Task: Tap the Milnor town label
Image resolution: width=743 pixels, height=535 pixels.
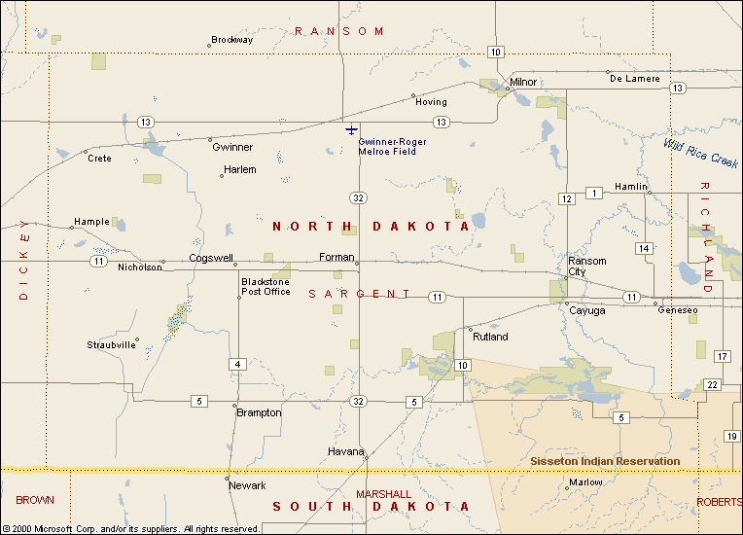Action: pyautogui.click(x=523, y=82)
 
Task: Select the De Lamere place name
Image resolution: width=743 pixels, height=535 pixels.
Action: pyautogui.click(x=635, y=79)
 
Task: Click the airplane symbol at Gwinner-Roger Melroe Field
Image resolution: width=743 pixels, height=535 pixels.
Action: pyautogui.click(x=351, y=129)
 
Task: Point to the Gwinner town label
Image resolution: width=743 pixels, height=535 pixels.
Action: pyautogui.click(x=232, y=148)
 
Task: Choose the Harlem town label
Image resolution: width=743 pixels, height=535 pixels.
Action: pyautogui.click(x=239, y=169)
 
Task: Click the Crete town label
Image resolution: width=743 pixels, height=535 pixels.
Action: pyautogui.click(x=99, y=159)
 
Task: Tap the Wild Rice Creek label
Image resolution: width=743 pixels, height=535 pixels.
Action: pyautogui.click(x=702, y=152)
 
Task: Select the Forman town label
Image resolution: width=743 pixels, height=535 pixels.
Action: pyautogui.click(x=336, y=258)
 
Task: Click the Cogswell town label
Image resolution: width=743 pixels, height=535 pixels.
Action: pyautogui.click(x=211, y=259)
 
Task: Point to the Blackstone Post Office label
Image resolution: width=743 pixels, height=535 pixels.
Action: pyautogui.click(x=265, y=287)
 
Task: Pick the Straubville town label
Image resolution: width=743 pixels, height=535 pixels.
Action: pyautogui.click(x=111, y=345)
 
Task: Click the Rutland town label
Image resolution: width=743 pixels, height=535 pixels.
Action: pyautogui.click(x=490, y=338)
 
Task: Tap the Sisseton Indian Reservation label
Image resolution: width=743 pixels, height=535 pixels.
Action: pyautogui.click(x=605, y=461)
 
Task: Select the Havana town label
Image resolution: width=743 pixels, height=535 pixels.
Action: pyautogui.click(x=345, y=452)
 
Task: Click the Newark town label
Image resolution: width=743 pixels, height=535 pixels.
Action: pyautogui.click(x=247, y=485)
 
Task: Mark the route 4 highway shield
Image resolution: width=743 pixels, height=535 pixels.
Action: pyautogui.click(x=237, y=365)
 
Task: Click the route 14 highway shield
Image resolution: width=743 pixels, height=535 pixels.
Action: pyautogui.click(x=644, y=249)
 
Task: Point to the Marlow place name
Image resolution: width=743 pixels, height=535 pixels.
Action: pyautogui.click(x=585, y=482)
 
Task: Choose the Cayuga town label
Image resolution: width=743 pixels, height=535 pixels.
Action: pyautogui.click(x=586, y=310)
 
